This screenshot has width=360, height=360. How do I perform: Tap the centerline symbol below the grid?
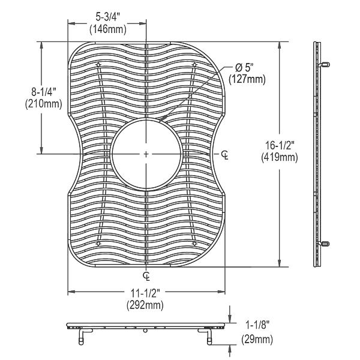point(147,275)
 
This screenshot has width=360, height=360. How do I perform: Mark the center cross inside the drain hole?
point(146,154)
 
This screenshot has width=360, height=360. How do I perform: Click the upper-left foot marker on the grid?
point(100,64)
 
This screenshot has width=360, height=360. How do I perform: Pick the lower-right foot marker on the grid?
point(193,244)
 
